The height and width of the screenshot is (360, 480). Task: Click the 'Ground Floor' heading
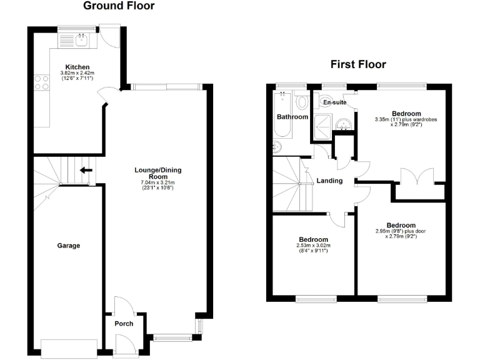point(119,6)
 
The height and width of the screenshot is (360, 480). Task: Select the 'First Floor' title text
point(358,64)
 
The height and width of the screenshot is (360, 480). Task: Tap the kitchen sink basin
point(81,40)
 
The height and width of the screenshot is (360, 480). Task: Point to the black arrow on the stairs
point(86,169)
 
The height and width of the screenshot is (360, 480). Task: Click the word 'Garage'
point(69,246)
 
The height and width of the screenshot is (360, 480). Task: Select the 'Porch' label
point(123,324)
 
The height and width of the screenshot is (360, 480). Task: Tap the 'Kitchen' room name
point(78,67)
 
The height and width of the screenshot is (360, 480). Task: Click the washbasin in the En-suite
point(342,125)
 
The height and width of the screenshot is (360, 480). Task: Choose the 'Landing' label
point(329,181)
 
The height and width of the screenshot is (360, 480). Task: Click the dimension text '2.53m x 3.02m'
point(313,246)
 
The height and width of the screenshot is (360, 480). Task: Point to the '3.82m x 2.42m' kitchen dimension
point(77,73)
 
